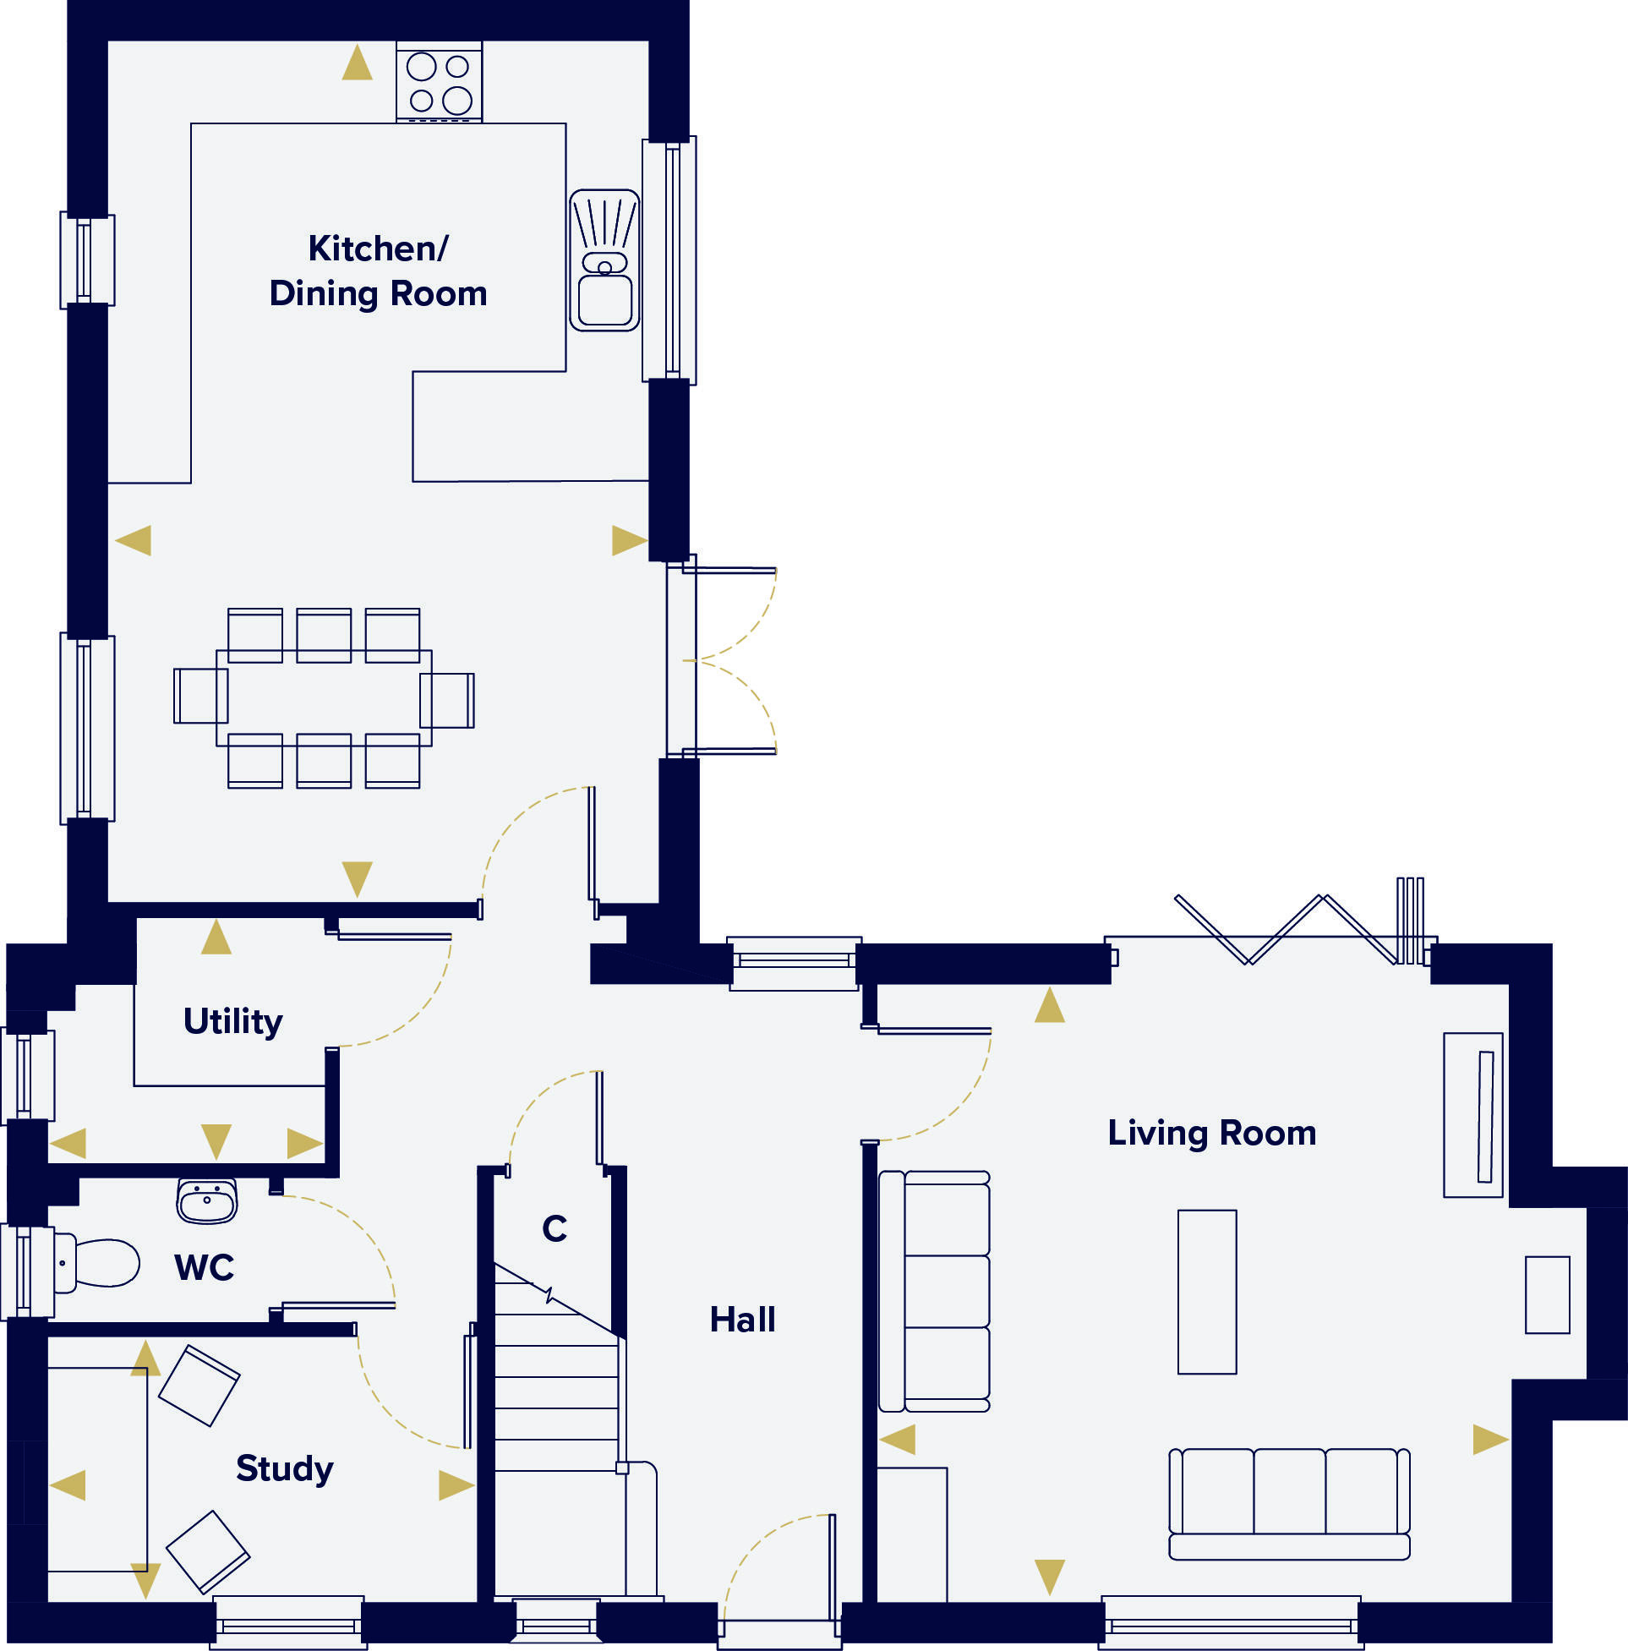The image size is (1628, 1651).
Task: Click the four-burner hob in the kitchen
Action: (440, 82)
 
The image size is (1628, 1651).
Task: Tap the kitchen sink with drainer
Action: (604, 260)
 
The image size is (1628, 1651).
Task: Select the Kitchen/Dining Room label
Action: (378, 271)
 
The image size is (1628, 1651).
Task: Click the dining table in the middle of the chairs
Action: (323, 698)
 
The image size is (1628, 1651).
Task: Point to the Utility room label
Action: (232, 1021)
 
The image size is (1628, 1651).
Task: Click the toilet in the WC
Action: (98, 1263)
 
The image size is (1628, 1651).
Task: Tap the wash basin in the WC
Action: (207, 1200)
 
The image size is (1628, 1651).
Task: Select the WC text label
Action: (204, 1267)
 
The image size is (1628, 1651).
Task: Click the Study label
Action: (284, 1468)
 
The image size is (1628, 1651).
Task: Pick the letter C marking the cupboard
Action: (554, 1229)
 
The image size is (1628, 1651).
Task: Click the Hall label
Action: (742, 1320)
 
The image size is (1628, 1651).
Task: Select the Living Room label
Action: (1211, 1133)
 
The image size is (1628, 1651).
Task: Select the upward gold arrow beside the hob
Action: (358, 63)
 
